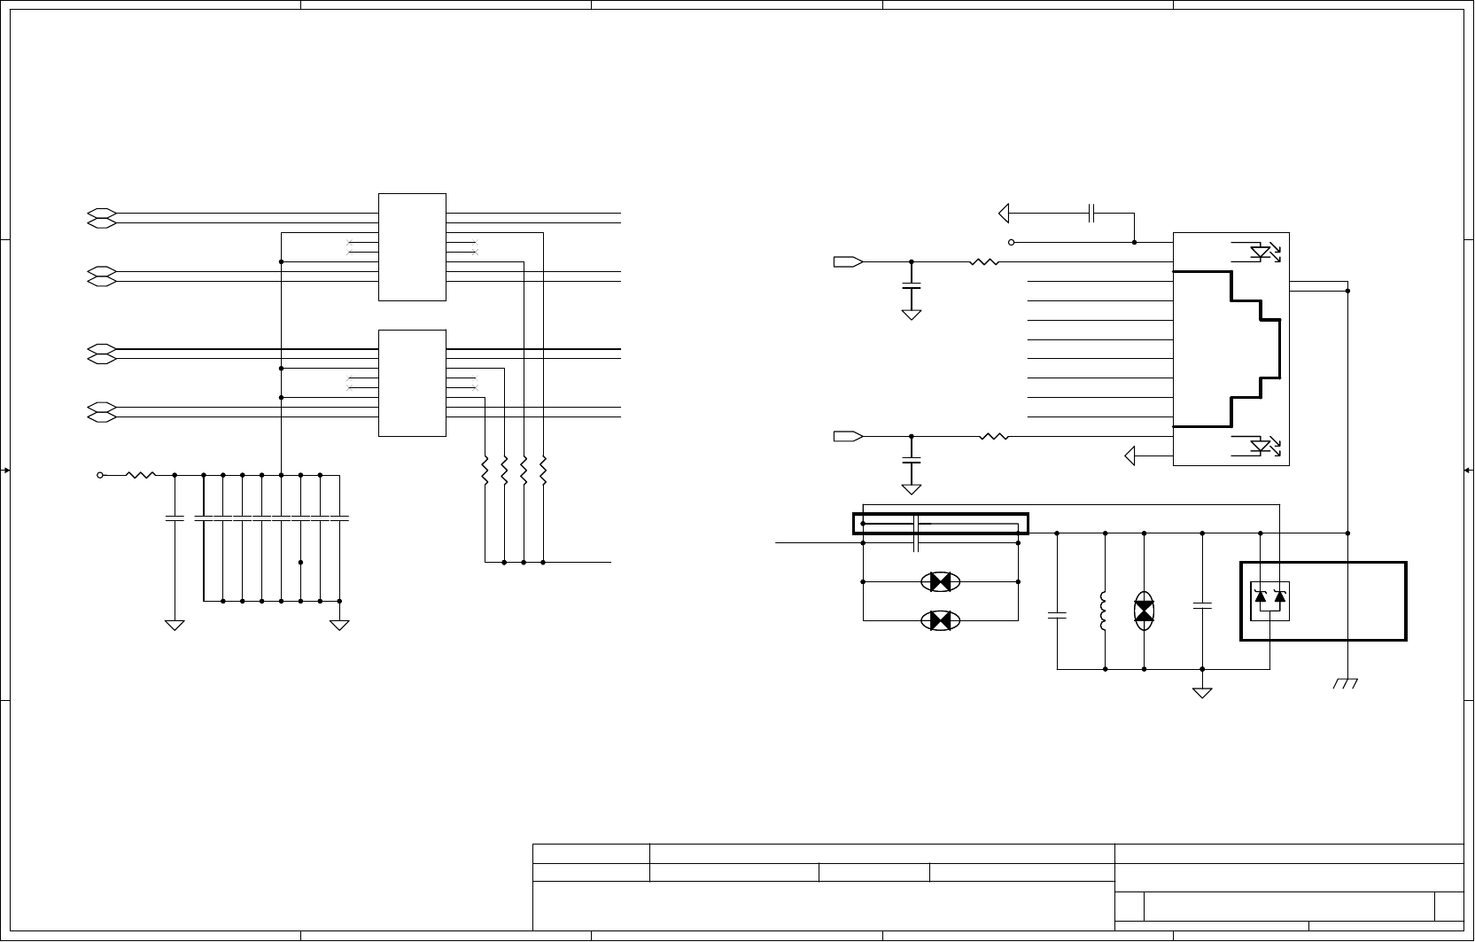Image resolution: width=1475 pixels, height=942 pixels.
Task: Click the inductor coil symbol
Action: click(1104, 611)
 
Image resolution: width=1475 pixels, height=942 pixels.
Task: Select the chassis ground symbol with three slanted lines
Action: click(1347, 683)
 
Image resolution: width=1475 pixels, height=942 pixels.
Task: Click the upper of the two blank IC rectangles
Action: click(412, 246)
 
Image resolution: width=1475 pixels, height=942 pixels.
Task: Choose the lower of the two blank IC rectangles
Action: click(412, 383)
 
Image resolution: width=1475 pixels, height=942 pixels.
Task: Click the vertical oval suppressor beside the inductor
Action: click(1145, 611)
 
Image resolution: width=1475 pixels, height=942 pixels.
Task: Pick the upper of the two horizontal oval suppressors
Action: click(940, 582)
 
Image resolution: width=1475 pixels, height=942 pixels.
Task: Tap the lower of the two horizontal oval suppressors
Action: click(940, 620)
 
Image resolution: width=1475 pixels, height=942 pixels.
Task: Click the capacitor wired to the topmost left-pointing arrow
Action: click(1092, 213)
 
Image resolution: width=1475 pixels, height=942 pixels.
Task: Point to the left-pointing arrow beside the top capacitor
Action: click(1005, 213)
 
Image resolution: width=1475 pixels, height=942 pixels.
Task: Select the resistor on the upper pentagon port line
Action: click(984, 261)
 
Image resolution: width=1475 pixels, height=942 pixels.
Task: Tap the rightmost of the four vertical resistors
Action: click(543, 471)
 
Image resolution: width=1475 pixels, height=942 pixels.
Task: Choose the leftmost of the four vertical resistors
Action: click(485, 471)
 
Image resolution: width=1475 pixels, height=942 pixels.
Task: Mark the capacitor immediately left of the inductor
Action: click(1057, 613)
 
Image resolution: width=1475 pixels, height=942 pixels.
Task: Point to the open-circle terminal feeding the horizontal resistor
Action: click(100, 475)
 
